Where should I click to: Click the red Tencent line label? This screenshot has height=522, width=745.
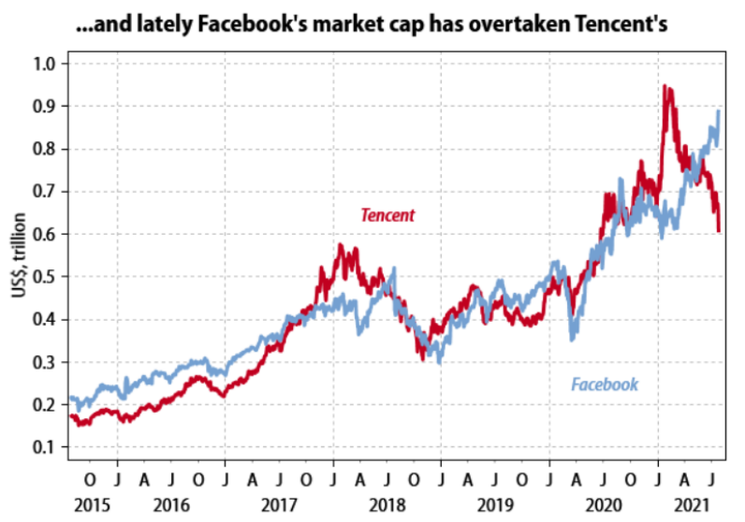coord(387,216)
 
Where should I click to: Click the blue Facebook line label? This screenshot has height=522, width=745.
coord(605,384)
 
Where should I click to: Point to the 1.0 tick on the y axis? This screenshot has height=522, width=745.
coord(46,64)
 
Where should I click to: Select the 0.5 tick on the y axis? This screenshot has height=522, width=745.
coord(46,277)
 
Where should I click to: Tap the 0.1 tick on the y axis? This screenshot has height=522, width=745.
coord(46,447)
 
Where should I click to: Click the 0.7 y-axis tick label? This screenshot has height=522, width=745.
coord(46,192)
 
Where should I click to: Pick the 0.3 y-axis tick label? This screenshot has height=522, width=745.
coord(46,362)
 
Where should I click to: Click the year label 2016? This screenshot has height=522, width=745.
coord(170,505)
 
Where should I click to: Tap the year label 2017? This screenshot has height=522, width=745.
coord(279,505)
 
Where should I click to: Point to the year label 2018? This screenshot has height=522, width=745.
coord(387,505)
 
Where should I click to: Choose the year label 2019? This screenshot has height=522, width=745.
coord(496,505)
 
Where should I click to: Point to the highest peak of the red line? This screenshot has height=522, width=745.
coord(665,86)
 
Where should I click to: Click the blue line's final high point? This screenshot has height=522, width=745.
coord(719,110)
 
